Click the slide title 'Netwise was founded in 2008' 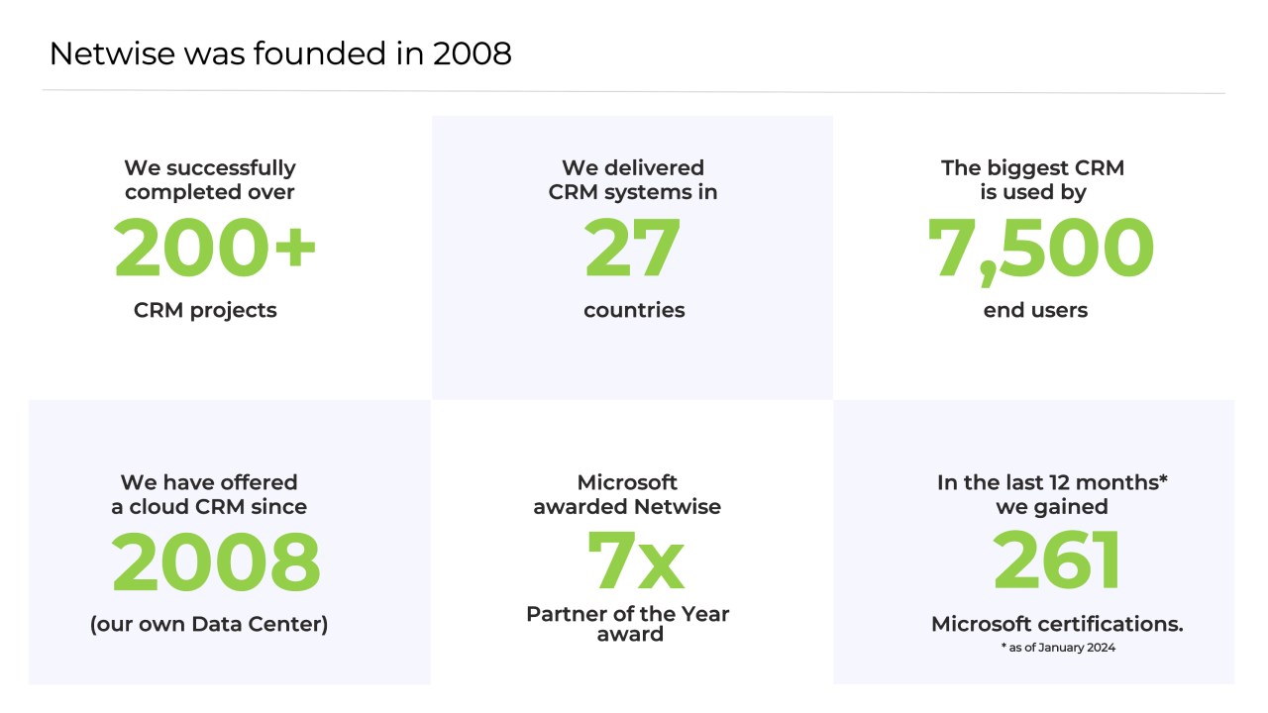pos(280,53)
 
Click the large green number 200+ pos(215,248)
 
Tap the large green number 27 pos(633,248)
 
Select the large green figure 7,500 pos(1040,248)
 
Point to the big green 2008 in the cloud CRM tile pos(216,562)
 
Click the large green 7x pos(635,562)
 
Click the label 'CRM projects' pos(205,310)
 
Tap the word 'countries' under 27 pos(634,310)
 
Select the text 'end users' pos(1035,310)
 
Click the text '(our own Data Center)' pos(209,624)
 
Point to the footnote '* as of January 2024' pos(1057,648)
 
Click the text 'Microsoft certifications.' pos(1057,624)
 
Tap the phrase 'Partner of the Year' pos(628,614)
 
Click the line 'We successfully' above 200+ pos(210,168)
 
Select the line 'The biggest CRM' pos(1033,168)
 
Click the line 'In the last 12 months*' pos(1053,482)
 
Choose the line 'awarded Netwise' pos(627,507)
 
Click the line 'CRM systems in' pos(633,192)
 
